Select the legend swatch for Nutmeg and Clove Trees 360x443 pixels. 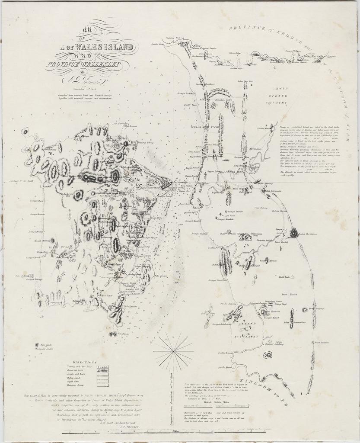tap(102, 368)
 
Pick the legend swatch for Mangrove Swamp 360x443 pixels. tap(102, 384)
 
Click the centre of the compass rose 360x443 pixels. tap(172, 349)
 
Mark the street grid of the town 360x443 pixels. tap(165, 185)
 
